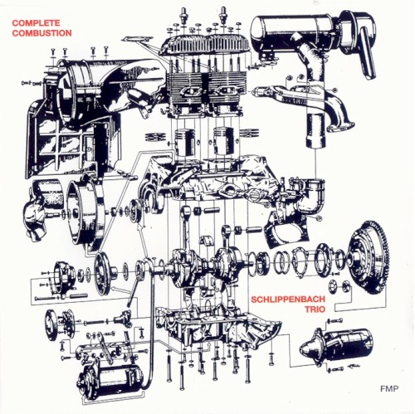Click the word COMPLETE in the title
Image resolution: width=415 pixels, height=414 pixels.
[36, 22]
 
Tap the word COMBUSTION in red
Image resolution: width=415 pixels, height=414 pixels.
[41, 33]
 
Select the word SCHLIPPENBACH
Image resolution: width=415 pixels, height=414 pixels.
[288, 300]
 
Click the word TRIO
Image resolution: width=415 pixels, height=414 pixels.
[315, 309]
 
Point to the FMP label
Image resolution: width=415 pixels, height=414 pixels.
[389, 388]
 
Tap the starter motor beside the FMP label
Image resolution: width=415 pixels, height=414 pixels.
[337, 344]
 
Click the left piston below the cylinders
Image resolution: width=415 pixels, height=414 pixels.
[185, 143]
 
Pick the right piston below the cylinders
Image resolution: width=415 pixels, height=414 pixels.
[224, 141]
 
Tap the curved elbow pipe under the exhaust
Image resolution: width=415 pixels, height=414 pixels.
[310, 197]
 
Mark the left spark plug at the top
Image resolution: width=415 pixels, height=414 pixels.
[183, 14]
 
